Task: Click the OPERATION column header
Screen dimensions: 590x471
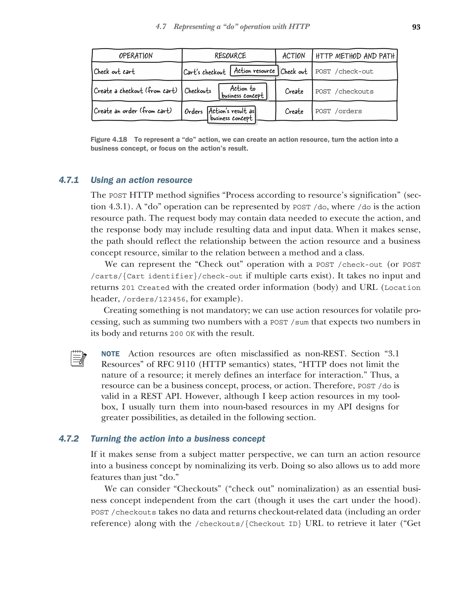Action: point(136,56)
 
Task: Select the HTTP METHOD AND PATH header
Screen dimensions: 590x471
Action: point(355,56)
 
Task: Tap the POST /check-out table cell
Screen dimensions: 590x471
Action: point(344,71)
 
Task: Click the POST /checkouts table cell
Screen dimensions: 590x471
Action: point(344,91)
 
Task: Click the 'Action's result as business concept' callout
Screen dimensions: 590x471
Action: point(231,115)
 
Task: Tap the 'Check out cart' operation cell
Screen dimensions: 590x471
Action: point(114,72)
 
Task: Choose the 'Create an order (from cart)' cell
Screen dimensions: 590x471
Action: point(133,111)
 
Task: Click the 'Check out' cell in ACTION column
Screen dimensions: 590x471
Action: point(294,72)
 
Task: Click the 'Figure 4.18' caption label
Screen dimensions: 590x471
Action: point(109,140)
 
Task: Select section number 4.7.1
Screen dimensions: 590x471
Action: point(69,180)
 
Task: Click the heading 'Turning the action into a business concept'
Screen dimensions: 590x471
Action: point(178,439)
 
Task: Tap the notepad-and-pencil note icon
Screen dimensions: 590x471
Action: point(78,358)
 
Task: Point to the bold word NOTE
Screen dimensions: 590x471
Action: point(110,354)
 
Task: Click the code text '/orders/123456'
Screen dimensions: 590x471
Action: point(154,299)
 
